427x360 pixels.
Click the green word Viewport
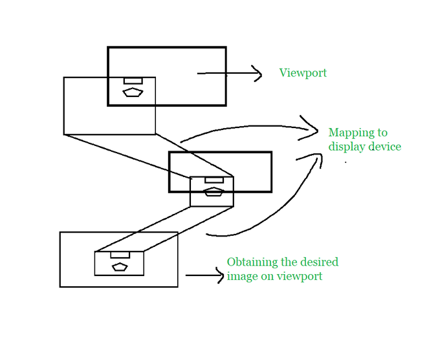pyautogui.click(x=303, y=73)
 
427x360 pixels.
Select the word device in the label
pyautogui.click(x=385, y=147)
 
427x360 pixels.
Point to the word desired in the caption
pyautogui.click(x=320, y=262)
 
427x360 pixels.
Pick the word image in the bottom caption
pyautogui.click(x=241, y=277)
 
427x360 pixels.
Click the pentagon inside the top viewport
pyautogui.click(x=133, y=92)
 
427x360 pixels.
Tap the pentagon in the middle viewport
pyautogui.click(x=213, y=191)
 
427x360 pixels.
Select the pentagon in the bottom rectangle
pyautogui.click(x=120, y=266)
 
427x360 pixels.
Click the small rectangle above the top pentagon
pyautogui.click(x=133, y=81)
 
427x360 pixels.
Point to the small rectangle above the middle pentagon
pyautogui.click(x=213, y=180)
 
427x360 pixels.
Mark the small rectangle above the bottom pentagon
pyautogui.click(x=120, y=255)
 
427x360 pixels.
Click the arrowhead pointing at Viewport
pyautogui.click(x=257, y=74)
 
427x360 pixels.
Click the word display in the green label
pyautogui.click(x=347, y=147)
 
